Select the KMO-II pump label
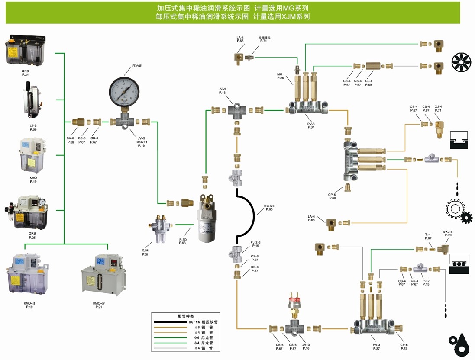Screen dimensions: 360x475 pos(29,305)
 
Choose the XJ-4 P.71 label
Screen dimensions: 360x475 pos(439,108)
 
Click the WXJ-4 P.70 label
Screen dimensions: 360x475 pos(447,233)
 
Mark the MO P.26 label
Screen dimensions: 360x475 pos(280,76)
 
